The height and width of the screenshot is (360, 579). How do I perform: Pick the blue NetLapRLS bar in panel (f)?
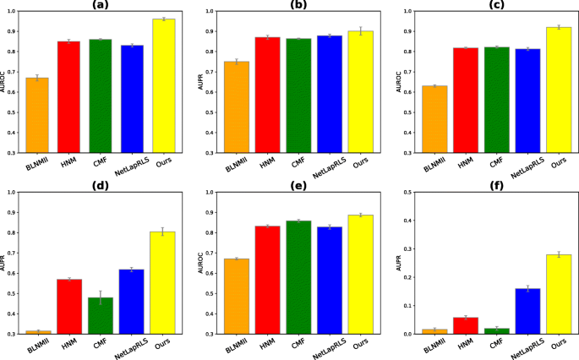(527, 311)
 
